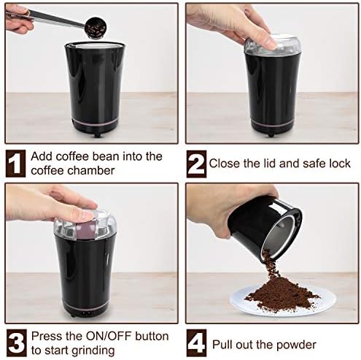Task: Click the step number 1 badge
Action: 15,164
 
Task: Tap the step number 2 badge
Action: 196,164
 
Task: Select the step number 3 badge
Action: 16,342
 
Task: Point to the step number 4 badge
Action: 196,342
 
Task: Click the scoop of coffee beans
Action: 96,28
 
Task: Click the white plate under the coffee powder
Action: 283,302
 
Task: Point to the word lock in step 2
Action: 339,164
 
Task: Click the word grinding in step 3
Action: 93,351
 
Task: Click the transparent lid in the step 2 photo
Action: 273,46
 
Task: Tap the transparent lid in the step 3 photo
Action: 86,225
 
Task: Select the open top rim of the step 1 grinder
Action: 95,45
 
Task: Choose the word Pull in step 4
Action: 221,345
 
